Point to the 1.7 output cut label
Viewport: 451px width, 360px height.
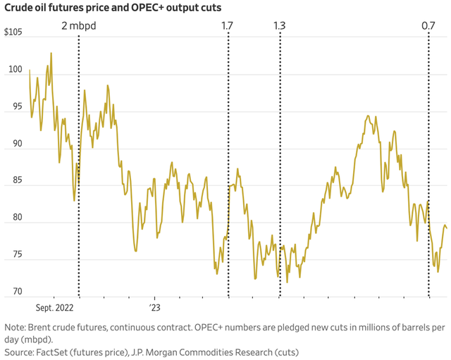[x=228, y=26]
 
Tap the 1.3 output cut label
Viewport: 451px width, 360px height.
[x=279, y=26]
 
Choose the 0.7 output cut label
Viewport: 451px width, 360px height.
[x=428, y=26]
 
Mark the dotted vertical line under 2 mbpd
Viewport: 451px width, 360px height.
[x=78, y=211]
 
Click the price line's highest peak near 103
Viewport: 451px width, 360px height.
[x=51, y=54]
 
